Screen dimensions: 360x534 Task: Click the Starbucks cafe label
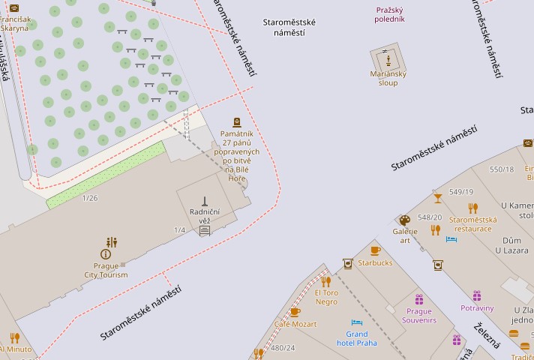(x=375, y=263)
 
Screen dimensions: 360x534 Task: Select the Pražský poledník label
(x=390, y=14)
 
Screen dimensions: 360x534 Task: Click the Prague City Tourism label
(x=106, y=270)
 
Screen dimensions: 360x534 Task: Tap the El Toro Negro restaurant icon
(x=325, y=282)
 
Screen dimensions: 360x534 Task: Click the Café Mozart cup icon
(x=295, y=312)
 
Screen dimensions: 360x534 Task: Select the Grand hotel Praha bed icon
(x=357, y=323)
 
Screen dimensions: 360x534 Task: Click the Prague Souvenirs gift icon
(x=418, y=300)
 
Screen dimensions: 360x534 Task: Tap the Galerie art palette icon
(x=404, y=220)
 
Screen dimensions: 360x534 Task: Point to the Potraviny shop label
(x=477, y=307)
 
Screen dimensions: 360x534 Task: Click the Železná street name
(x=487, y=335)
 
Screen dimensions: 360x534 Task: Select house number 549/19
(x=461, y=192)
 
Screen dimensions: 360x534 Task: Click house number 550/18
(x=502, y=169)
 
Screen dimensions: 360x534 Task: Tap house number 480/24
(x=283, y=348)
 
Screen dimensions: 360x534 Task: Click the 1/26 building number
(x=90, y=198)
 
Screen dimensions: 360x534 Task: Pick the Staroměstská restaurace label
(x=472, y=224)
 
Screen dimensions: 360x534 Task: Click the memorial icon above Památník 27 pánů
(x=238, y=122)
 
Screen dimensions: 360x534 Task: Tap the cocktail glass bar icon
(x=437, y=199)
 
